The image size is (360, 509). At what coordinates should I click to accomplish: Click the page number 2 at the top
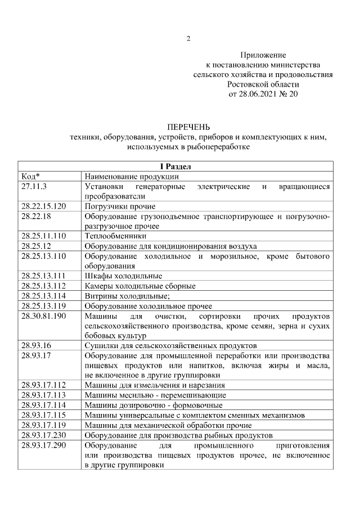point(189,39)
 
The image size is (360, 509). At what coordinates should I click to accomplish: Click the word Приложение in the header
point(263,55)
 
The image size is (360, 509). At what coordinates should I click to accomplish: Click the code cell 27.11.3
point(34,186)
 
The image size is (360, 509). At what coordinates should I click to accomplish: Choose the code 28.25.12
point(37,246)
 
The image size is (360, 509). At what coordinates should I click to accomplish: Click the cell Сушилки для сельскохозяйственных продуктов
point(170,345)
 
